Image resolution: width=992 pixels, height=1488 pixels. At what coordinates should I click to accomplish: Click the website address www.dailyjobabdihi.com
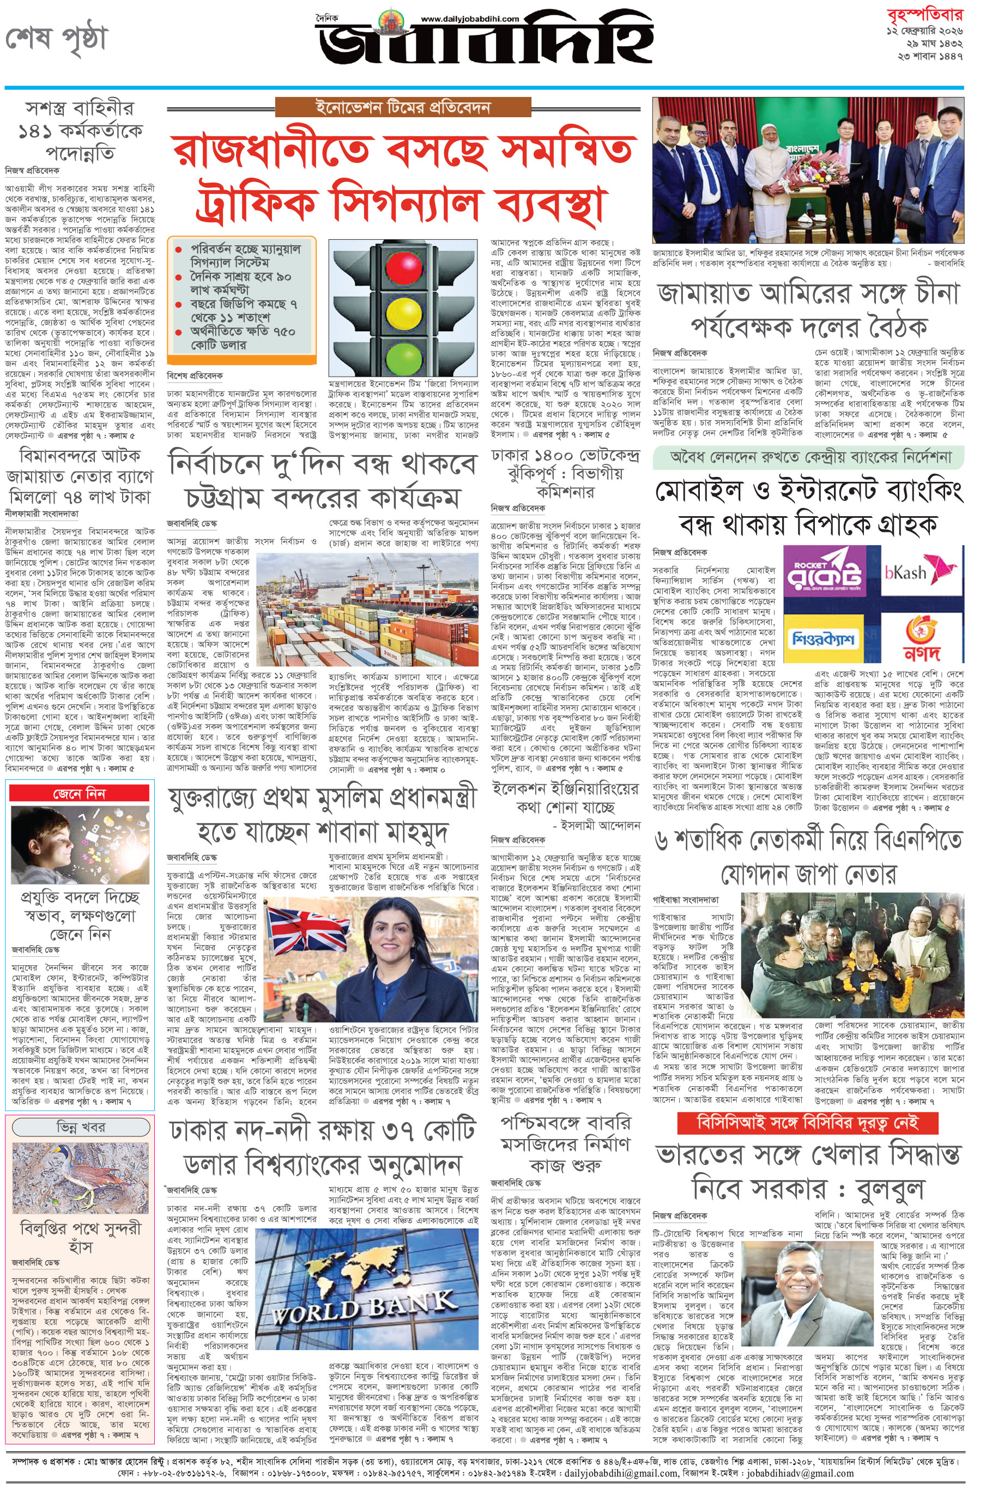click(469, 19)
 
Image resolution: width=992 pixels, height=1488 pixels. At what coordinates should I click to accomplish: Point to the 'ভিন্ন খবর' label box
click(80, 1126)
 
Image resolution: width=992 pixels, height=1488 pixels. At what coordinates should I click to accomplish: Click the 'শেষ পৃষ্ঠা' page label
click(57, 39)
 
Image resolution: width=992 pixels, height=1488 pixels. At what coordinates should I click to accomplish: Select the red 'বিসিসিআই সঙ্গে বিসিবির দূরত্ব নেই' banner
click(807, 1123)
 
